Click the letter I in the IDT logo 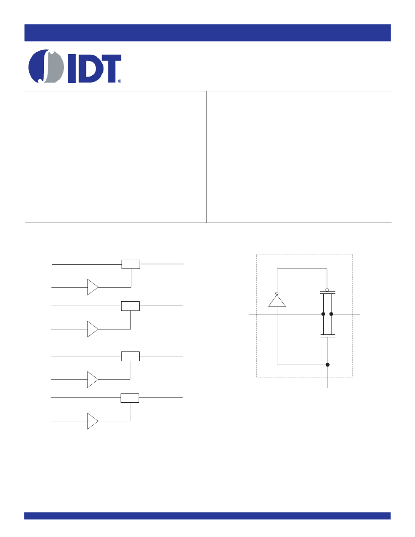click(72, 68)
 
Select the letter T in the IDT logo click(109, 68)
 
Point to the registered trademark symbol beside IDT click(120, 81)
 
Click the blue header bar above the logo click(207, 33)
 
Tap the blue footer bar click(207, 516)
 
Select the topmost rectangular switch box click(131, 265)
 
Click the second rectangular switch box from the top click(130, 306)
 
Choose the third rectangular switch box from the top click(130, 356)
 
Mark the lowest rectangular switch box click(130, 398)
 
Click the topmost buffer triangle click(92, 287)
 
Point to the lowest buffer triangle click(92, 421)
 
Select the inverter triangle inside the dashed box click(277, 301)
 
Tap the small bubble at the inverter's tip click(277, 293)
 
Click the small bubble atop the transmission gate click(327, 290)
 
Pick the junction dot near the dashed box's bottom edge click(328, 365)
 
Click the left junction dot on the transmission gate click(323, 314)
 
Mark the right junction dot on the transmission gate click(331, 314)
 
